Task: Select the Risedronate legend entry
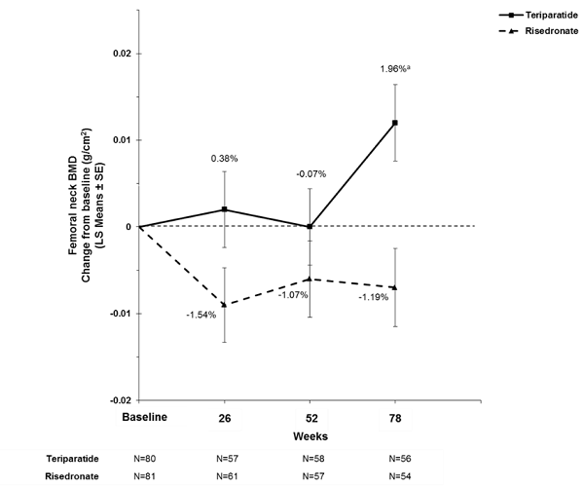pyautogui.click(x=550, y=32)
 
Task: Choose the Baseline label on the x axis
pyautogui.click(x=139, y=417)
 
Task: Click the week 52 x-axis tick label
pyautogui.click(x=310, y=417)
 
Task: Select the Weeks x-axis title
pyautogui.click(x=310, y=435)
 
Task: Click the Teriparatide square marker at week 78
pyautogui.click(x=394, y=123)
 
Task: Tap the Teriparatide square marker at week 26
pyautogui.click(x=225, y=209)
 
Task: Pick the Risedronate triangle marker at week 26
pyautogui.click(x=225, y=304)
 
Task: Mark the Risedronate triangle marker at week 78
pyautogui.click(x=394, y=286)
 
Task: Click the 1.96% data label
pyautogui.click(x=394, y=69)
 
